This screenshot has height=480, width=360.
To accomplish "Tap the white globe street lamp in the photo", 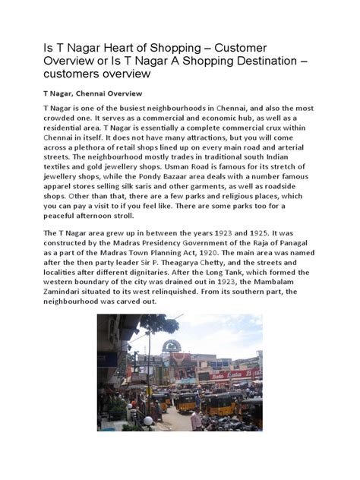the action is [148, 419].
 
